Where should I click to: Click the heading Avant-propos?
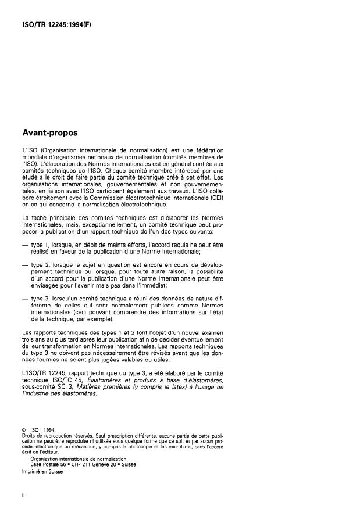(46, 132)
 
